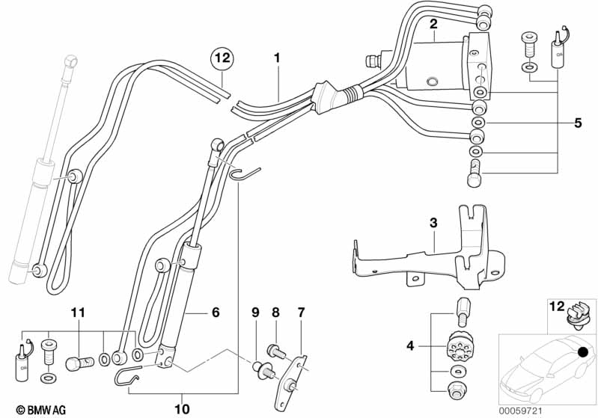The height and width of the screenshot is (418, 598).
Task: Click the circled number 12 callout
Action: (x=222, y=57)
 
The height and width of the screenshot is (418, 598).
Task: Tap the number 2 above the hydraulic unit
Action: (x=433, y=25)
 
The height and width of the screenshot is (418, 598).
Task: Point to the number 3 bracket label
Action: (x=433, y=223)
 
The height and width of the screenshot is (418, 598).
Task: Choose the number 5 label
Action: (x=577, y=123)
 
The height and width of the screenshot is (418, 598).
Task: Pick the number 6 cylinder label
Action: (x=216, y=313)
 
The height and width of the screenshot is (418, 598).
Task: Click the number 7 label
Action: (x=302, y=311)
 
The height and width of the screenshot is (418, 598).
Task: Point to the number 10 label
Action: (x=183, y=408)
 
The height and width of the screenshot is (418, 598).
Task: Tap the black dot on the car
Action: (x=582, y=351)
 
